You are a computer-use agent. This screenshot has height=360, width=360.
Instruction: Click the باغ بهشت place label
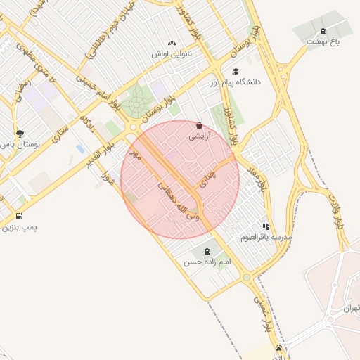pyautogui.click(x=323, y=41)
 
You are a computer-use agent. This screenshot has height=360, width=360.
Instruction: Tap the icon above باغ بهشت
pyautogui.click(x=323, y=30)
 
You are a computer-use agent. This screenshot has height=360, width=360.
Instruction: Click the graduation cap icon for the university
pyautogui.click(x=236, y=71)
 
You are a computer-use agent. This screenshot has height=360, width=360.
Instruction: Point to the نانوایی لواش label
pyautogui.click(x=172, y=53)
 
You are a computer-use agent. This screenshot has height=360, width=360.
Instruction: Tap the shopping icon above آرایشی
pyautogui.click(x=199, y=126)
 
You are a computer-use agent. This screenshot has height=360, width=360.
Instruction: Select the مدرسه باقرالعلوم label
pyautogui.click(x=266, y=238)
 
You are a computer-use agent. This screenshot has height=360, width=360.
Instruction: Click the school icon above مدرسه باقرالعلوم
pyautogui.click(x=266, y=226)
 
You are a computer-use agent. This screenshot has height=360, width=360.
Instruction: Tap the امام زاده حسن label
pyautogui.click(x=207, y=262)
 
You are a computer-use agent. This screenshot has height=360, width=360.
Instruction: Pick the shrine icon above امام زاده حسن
pyautogui.click(x=207, y=251)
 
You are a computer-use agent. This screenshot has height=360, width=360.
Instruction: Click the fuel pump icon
pyautogui.click(x=18, y=216)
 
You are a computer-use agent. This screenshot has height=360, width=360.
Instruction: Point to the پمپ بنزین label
pyautogui.click(x=18, y=227)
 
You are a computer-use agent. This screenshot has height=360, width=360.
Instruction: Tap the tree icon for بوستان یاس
pyautogui.click(x=19, y=133)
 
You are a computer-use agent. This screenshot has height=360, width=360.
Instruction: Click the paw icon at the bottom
pyautogui.click(x=280, y=347)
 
